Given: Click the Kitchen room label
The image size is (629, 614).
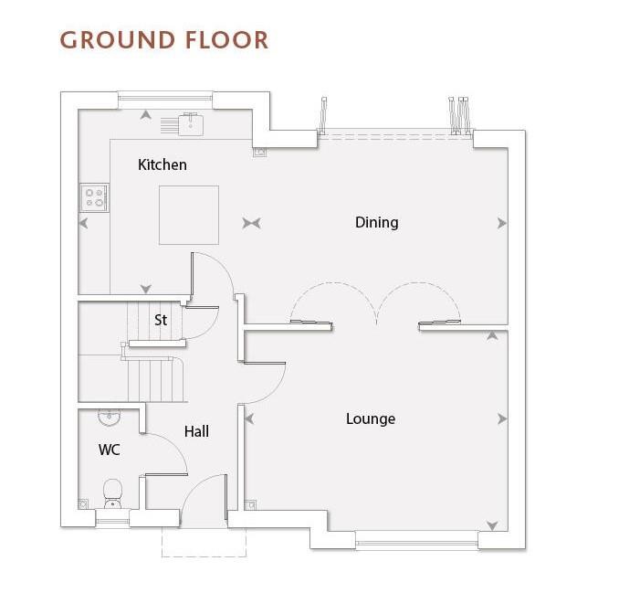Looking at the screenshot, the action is point(162,164).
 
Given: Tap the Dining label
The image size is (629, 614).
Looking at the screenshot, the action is point(377,222).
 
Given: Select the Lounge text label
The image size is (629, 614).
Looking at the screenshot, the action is point(371,418).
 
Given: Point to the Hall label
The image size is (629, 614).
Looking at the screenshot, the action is point(196,431).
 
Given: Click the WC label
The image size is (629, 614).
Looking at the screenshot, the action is point(110,450).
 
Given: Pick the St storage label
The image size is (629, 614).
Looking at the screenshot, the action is point(161,320).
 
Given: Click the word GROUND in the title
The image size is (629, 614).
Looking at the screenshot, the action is point(118,40).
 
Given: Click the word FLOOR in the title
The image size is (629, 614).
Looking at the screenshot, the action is point(227,40).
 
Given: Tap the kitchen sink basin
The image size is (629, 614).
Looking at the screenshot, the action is point(191,124).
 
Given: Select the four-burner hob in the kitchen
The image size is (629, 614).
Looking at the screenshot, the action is point(94,198).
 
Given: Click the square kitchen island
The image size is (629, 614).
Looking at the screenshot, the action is point(189,215).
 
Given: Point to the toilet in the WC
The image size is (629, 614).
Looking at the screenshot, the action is point(112,493).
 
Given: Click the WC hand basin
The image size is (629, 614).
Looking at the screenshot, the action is point(110,418).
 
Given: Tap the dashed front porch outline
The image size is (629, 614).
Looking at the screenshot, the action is point(204,542).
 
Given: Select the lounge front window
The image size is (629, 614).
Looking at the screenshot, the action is point(417,543).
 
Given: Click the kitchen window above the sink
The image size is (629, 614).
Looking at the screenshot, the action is point(165,97).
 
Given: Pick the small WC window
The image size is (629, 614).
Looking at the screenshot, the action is point(112,521).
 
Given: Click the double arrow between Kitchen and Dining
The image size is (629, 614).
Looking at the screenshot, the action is point(252,223).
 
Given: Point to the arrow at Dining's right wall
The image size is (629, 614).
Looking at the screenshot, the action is point(501,223).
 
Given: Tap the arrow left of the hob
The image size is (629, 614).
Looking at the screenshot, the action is point(83,223).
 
